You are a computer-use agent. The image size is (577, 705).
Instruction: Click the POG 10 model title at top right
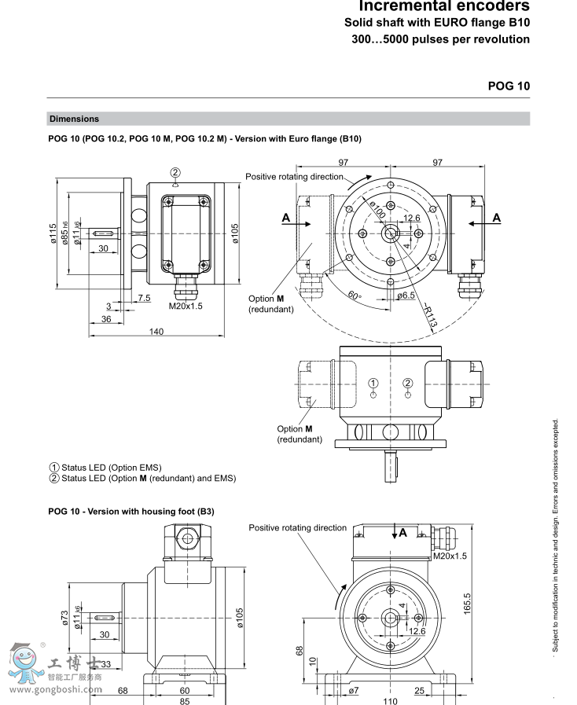[x=509, y=86]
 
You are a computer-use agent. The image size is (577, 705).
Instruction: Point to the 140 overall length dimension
[x=156, y=332]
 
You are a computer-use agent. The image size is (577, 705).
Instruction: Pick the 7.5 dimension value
[x=144, y=298]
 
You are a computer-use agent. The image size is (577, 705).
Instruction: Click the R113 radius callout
[x=428, y=316]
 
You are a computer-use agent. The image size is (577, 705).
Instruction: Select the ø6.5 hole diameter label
[x=406, y=296]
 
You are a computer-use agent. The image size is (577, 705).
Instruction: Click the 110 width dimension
[x=390, y=701]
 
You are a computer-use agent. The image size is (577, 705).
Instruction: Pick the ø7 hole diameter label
[x=353, y=690]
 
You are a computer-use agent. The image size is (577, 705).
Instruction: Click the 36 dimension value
[x=106, y=319]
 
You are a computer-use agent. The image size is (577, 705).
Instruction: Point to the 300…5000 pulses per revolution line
[x=439, y=39]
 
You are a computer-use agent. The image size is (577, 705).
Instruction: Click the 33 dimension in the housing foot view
[x=105, y=664]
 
